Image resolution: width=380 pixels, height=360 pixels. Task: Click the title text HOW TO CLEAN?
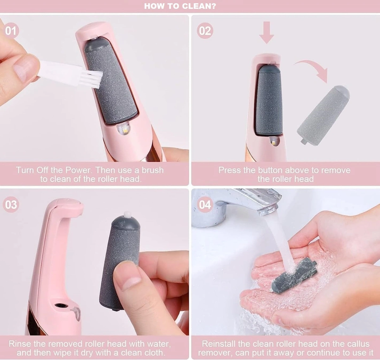tap(180, 6)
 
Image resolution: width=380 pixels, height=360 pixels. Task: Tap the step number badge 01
tap(11, 31)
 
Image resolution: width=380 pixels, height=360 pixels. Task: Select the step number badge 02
tap(205, 31)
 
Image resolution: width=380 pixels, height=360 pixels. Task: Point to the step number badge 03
tap(11, 204)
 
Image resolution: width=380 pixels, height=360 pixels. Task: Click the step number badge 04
tap(205, 204)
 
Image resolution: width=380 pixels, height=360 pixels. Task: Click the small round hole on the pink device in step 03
tap(60, 306)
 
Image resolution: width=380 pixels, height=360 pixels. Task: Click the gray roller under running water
tap(294, 274)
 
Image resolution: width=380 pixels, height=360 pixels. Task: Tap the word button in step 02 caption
tap(272, 170)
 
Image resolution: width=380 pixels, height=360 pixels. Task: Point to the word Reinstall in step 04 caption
tap(218, 344)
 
